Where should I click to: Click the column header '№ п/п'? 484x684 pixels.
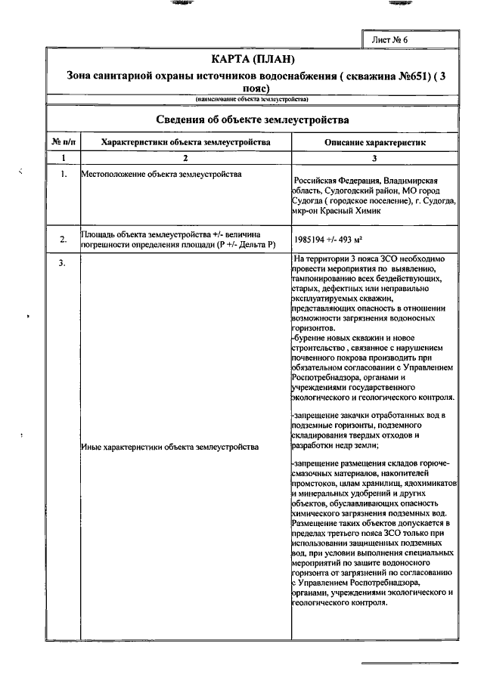(x=62, y=142)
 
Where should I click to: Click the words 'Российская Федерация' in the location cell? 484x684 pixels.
(x=332, y=181)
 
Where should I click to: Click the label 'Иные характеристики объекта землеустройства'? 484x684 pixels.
(x=169, y=447)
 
